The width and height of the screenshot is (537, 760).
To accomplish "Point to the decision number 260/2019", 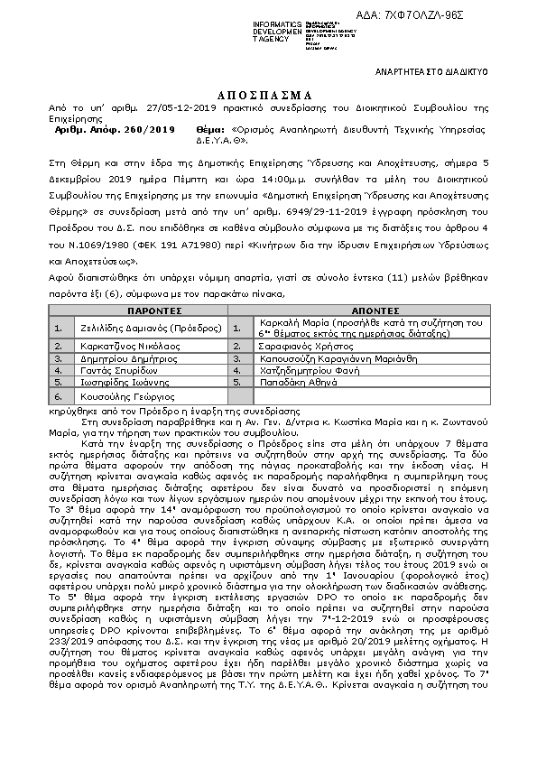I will [150, 131].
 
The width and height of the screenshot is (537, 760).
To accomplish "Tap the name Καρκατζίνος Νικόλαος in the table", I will [121, 345].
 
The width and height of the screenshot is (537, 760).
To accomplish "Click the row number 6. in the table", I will [59, 396].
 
